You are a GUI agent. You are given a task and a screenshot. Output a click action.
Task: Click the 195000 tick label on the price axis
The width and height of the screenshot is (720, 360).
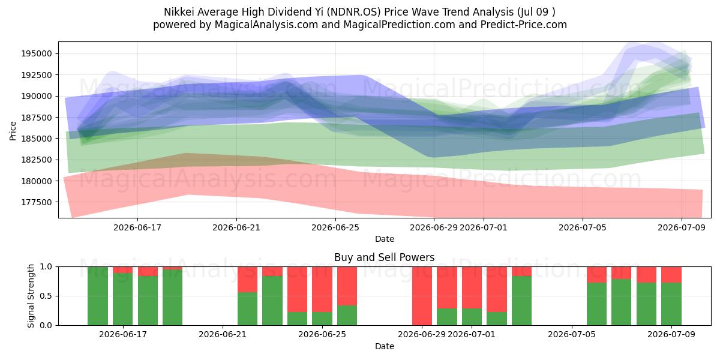[x=37, y=53]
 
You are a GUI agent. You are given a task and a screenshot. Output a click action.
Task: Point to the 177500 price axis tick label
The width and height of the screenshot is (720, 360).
[x=37, y=202]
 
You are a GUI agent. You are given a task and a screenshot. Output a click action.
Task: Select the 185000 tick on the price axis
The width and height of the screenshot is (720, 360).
[x=37, y=139]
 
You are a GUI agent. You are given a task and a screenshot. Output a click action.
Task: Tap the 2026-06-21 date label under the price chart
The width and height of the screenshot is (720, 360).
[x=236, y=227]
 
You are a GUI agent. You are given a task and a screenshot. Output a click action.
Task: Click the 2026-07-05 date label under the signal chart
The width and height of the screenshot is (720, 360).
[x=571, y=334]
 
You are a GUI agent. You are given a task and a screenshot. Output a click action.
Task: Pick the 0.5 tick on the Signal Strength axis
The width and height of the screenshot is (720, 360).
[x=46, y=296]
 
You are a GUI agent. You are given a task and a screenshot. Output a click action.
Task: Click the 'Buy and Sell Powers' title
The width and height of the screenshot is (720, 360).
[x=384, y=257]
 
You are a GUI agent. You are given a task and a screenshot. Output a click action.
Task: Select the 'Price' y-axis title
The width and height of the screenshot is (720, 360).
[x=13, y=131]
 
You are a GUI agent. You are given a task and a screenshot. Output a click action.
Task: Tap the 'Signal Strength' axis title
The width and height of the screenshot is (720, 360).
[x=31, y=296]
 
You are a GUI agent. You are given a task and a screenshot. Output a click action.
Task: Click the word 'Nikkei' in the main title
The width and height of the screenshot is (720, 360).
[x=179, y=12]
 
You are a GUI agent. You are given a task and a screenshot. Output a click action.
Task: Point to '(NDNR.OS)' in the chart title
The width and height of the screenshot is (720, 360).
[x=353, y=12]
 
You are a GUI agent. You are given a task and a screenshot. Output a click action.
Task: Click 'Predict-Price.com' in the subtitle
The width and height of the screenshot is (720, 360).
[x=524, y=25]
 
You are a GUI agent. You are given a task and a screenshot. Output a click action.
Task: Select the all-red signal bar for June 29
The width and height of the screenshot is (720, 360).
[x=422, y=296]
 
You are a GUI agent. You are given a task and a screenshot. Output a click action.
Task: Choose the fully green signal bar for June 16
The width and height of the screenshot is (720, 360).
[x=98, y=296]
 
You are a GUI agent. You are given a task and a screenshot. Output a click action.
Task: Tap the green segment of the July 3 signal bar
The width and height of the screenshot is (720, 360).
[x=521, y=301]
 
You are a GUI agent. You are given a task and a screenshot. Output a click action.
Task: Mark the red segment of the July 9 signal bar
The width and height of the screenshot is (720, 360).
[x=671, y=275]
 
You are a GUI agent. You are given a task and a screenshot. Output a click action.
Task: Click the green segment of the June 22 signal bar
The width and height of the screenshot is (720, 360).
[x=247, y=308]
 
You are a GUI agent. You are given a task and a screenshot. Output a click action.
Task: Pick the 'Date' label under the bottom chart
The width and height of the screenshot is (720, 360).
[x=385, y=346]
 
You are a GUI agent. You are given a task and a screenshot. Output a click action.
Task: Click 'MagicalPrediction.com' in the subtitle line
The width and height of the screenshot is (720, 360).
[x=399, y=25]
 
